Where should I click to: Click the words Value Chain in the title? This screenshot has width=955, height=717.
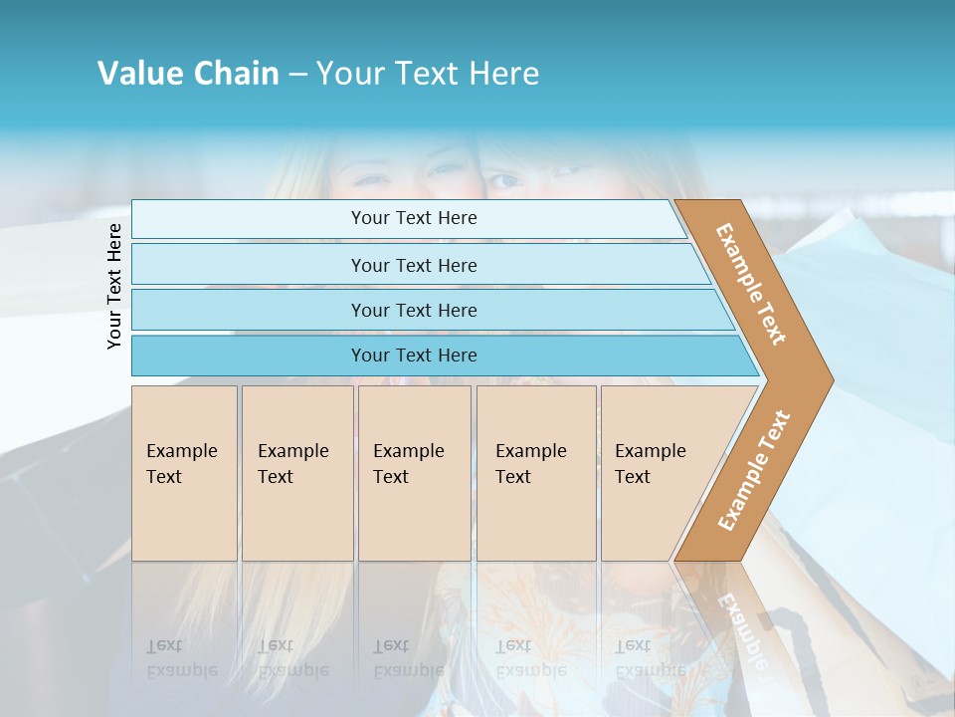(x=188, y=74)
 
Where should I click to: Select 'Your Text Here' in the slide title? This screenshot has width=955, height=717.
(x=428, y=74)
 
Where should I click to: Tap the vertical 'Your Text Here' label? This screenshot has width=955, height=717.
(x=114, y=286)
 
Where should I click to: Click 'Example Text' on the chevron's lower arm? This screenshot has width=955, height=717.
(x=754, y=470)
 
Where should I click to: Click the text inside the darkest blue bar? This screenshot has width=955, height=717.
(x=414, y=356)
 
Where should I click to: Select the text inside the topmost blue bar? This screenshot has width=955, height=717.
(x=414, y=218)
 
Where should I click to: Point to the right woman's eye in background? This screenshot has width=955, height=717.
(x=504, y=180)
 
